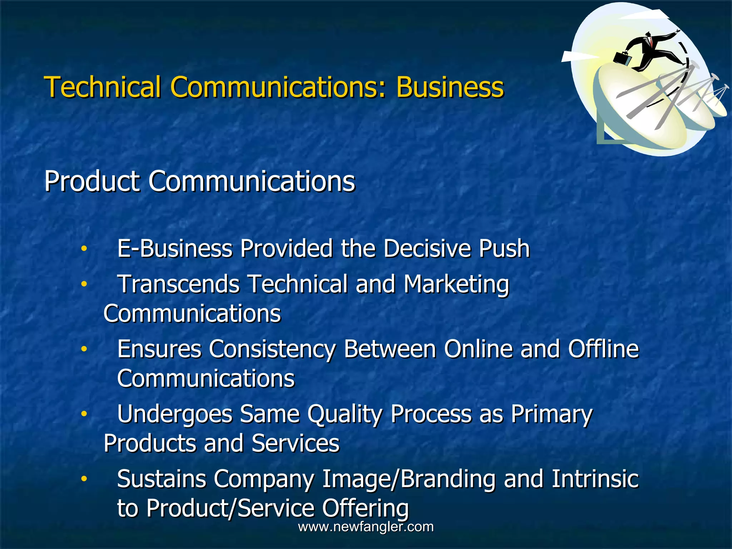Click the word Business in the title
(450, 87)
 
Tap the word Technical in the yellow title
(102, 87)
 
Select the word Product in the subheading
(91, 181)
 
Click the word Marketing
(456, 285)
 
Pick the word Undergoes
(175, 414)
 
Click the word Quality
(345, 414)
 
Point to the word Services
(295, 443)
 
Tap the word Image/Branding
(409, 479)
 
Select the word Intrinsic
(595, 479)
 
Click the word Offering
(365, 508)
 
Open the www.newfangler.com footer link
(366, 527)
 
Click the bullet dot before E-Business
(84, 248)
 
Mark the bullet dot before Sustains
(84, 479)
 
